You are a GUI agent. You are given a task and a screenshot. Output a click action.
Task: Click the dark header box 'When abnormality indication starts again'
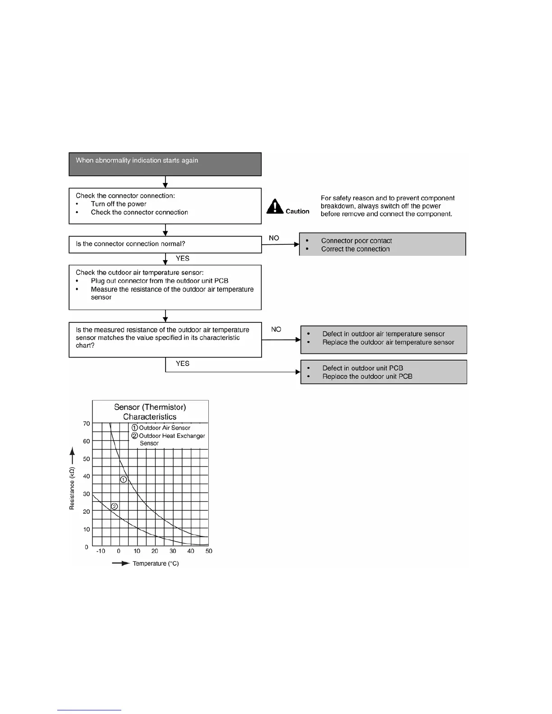point(165,164)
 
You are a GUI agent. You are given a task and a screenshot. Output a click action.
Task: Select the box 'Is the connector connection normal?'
point(165,244)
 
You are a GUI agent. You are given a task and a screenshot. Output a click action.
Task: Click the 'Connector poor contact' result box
point(382,244)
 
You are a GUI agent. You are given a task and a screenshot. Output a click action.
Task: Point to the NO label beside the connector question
point(274,238)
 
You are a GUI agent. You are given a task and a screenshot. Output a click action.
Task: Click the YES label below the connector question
point(182,258)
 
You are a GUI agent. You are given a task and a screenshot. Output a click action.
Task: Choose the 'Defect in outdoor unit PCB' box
point(383,372)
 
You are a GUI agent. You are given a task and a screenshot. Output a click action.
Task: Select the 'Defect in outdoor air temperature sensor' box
point(383,339)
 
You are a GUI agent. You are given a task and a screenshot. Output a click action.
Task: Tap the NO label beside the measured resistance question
point(276,330)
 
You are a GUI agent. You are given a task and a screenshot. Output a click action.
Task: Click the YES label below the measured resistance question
point(182,363)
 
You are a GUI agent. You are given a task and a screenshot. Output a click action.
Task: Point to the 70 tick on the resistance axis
point(87,424)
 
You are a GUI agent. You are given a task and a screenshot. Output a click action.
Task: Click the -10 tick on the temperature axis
point(101,551)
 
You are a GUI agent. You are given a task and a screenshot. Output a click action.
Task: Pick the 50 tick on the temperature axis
point(209,551)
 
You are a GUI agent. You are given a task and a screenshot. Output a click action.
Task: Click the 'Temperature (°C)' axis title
point(156,563)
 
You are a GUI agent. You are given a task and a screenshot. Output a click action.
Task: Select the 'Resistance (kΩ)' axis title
point(72,488)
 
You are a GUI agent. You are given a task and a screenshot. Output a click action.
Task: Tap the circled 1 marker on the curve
point(124,480)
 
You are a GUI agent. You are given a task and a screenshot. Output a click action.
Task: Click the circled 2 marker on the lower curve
point(115,507)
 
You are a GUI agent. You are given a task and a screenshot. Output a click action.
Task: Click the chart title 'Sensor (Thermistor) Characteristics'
point(150,412)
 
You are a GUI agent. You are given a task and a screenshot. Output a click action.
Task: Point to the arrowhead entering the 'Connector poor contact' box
point(297,244)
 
